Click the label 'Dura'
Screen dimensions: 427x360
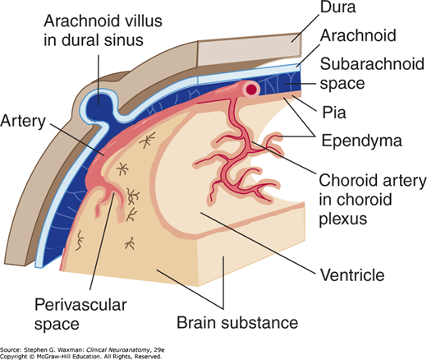pyautogui.click(x=338, y=7)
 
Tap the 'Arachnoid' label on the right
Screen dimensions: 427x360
pyautogui.click(x=358, y=35)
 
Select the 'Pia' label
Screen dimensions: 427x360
pyautogui.click(x=334, y=113)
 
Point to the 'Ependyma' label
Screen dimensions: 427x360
pyautogui.click(x=361, y=141)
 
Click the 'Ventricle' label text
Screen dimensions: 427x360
pyautogui.click(x=352, y=275)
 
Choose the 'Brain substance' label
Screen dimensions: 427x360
pyautogui.click(x=237, y=322)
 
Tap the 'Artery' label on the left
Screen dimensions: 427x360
pyautogui.click(x=23, y=121)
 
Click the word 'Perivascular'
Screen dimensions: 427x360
pyautogui.click(x=80, y=305)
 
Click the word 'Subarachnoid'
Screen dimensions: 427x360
pyautogui.click(x=372, y=64)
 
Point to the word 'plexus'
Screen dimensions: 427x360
pyautogui.click(x=343, y=219)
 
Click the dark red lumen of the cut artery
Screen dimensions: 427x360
pyautogui.click(x=252, y=89)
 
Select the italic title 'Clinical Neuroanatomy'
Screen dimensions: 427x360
pyautogui.click(x=118, y=350)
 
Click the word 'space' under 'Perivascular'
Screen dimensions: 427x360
pyautogui.click(x=57, y=325)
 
